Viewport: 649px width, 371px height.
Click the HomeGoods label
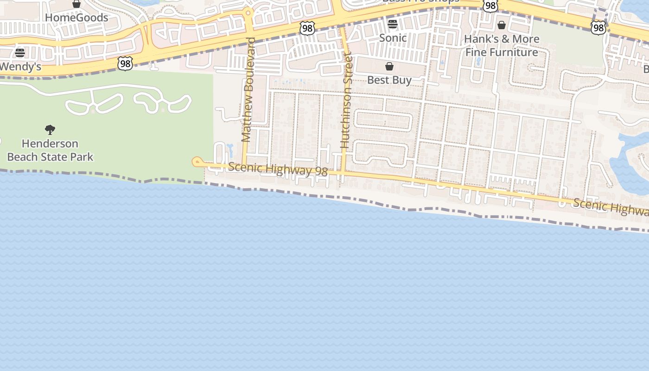tap(76, 18)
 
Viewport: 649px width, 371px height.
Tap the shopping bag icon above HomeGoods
tap(76, 4)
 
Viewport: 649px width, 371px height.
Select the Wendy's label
tap(20, 67)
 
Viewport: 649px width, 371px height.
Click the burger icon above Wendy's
tap(19, 52)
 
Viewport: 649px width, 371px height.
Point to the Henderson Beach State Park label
tap(50, 150)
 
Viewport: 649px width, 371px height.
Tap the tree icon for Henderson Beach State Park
tap(50, 130)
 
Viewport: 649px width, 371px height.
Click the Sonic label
tap(393, 38)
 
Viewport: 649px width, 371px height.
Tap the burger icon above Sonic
tap(393, 24)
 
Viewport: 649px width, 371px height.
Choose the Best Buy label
tap(389, 80)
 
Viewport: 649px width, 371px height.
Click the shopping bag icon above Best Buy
tap(389, 66)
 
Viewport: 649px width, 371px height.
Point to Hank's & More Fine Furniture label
tap(502, 45)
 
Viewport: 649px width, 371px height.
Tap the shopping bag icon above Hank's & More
tap(501, 25)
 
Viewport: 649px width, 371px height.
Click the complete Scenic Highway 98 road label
tap(278, 169)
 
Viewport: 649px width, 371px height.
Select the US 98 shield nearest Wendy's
tap(125, 63)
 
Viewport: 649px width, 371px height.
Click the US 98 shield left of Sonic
tap(307, 28)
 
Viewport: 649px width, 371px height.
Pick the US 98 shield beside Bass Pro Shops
tap(490, 5)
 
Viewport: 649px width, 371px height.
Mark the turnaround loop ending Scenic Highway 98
tap(197, 161)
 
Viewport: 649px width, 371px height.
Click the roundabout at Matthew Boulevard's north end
tap(248, 13)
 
